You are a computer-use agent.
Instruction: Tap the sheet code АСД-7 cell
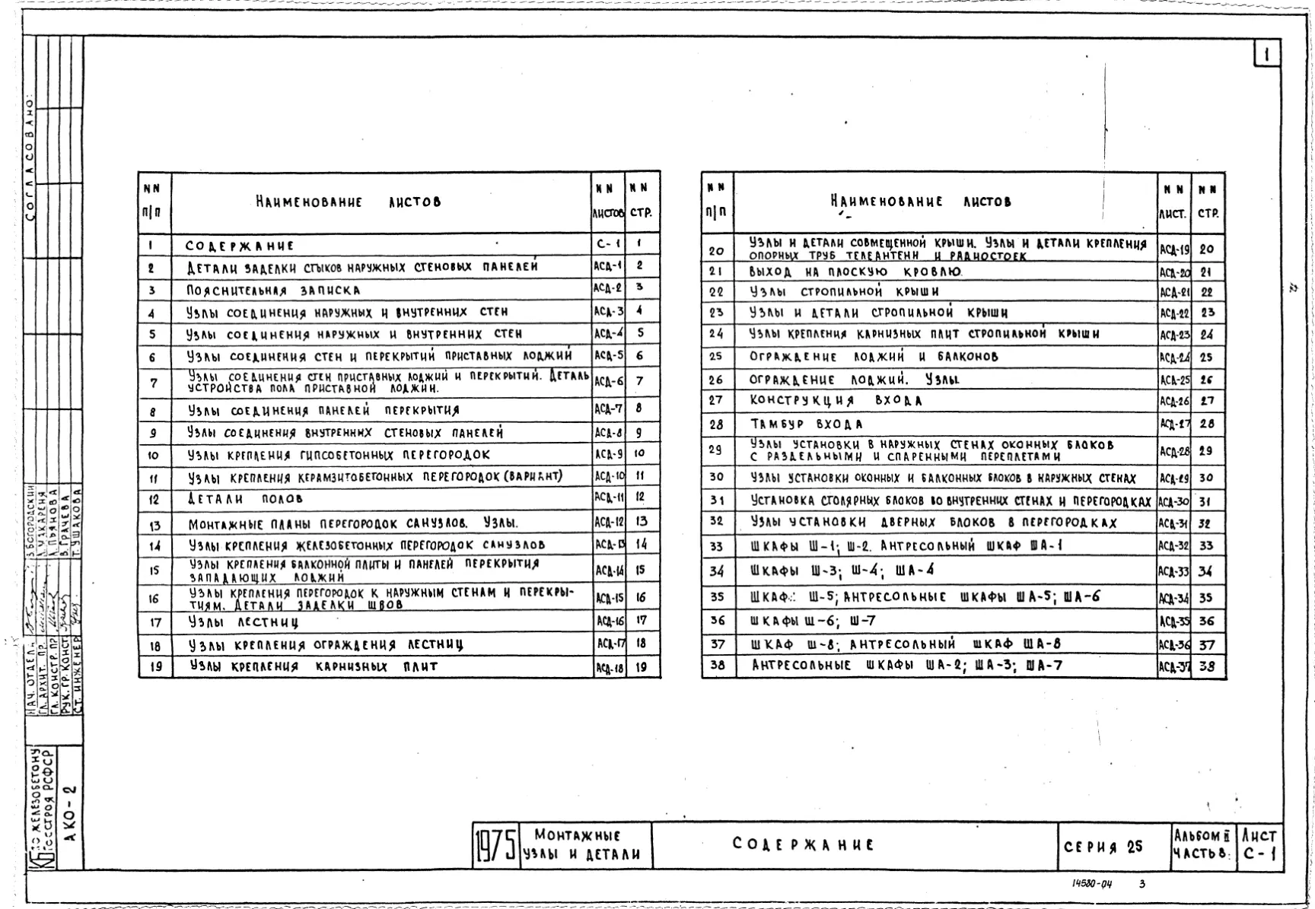[609, 409]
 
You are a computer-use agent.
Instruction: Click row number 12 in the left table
[154, 500]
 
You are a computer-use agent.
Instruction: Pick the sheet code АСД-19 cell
[1173, 249]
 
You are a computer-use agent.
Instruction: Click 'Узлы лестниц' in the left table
[244, 622]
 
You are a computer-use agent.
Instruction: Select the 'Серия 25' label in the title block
[1103, 847]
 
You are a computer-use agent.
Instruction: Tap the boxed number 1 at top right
[1266, 54]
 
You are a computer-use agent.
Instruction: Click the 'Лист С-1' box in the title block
[1259, 845]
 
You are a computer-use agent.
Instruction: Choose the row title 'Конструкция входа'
[836, 401]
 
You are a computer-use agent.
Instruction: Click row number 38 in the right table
[717, 666]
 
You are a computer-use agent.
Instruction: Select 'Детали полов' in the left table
[245, 500]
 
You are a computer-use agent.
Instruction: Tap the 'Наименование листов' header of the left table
[348, 202]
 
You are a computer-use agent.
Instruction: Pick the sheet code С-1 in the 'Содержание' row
[608, 244]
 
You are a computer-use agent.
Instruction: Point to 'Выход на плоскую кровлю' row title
[855, 272]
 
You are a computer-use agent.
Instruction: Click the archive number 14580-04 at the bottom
[1091, 884]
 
